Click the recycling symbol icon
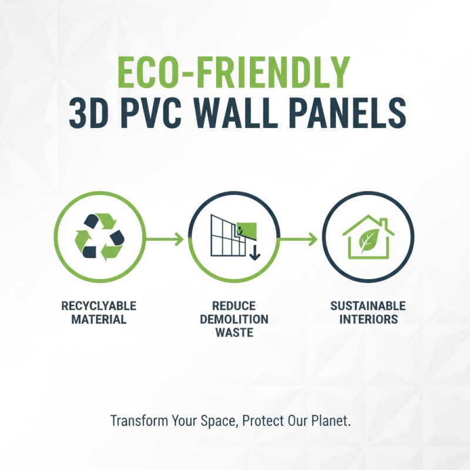pyautogui.click(x=99, y=237)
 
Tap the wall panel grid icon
pyautogui.click(x=227, y=235)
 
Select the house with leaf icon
pyautogui.click(x=368, y=237)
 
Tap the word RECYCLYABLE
pyautogui.click(x=99, y=306)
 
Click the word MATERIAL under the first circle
pyautogui.click(x=99, y=320)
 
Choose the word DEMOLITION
pyautogui.click(x=234, y=320)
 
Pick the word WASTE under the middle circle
pyautogui.click(x=234, y=333)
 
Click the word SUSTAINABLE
pyautogui.click(x=368, y=306)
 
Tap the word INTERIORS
pyautogui.click(x=368, y=320)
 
